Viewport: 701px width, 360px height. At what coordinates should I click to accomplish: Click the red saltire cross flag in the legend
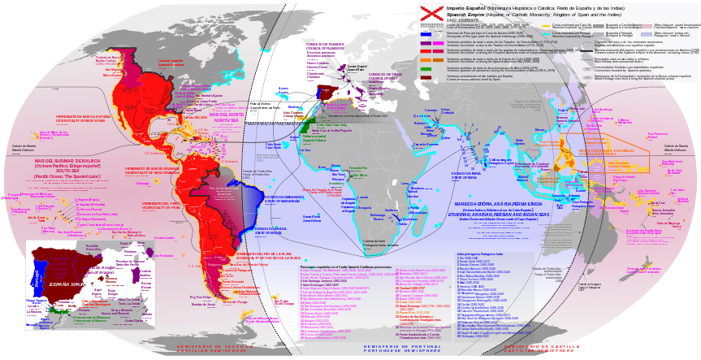click(431, 11)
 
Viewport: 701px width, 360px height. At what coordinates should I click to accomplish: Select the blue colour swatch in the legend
click(426, 33)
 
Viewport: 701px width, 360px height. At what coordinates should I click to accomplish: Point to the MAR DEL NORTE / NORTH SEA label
click(226, 115)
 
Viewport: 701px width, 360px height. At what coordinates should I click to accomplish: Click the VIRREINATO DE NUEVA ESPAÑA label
click(83, 119)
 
